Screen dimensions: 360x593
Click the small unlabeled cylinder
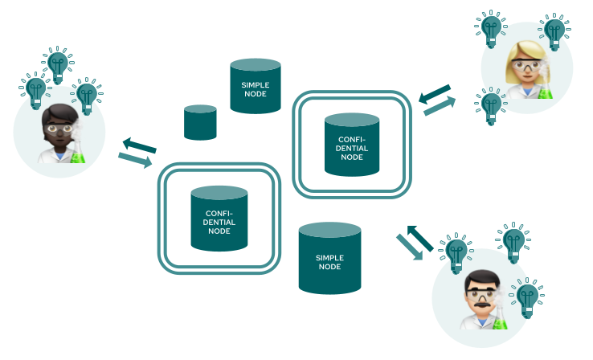pos(200,122)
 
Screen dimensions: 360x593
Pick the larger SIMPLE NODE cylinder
pos(329,258)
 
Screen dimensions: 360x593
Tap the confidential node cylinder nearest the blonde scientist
pos(351,145)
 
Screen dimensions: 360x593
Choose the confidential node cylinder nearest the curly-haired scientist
pos(219,219)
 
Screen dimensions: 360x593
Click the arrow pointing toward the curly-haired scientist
pos(138,145)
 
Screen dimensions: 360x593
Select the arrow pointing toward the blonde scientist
pos(440,104)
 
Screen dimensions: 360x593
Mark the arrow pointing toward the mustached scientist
pos(409,247)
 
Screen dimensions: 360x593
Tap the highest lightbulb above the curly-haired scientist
pos(57,63)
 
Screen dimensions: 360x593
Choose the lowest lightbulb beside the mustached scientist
pos(527,297)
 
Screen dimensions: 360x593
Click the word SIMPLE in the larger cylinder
pos(329,257)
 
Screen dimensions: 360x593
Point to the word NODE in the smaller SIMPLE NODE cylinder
pos(255,94)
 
